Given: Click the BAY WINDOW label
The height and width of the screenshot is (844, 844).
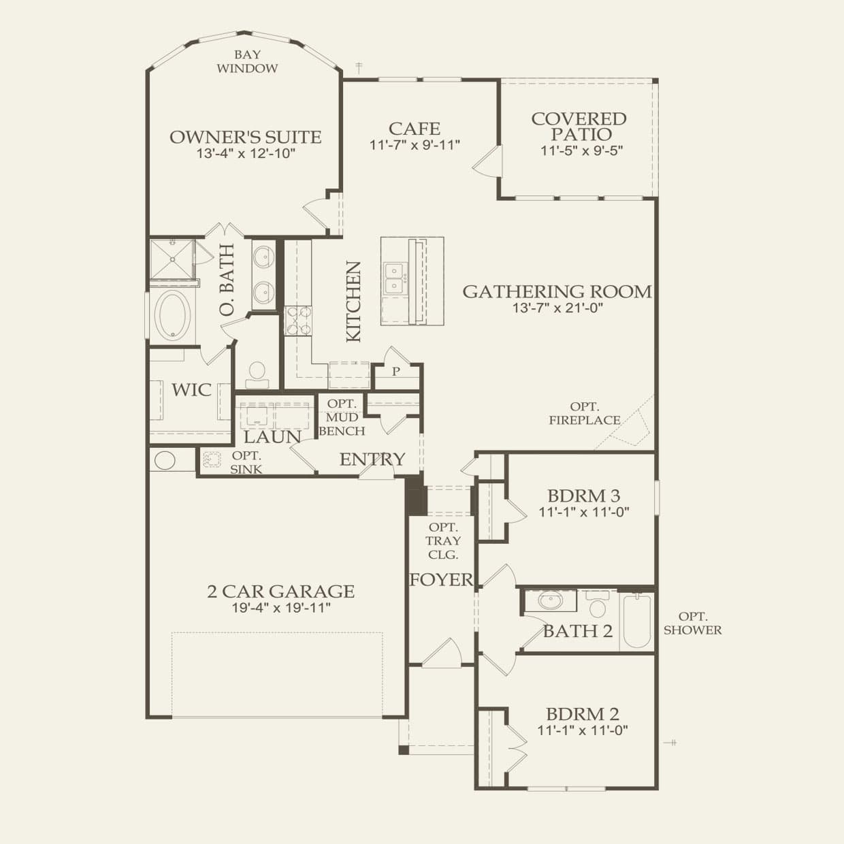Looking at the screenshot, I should tap(247, 61).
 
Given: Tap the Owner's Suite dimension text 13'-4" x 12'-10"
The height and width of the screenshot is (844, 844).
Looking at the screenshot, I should tap(246, 153).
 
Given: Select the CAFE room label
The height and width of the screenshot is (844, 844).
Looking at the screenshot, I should tap(415, 128).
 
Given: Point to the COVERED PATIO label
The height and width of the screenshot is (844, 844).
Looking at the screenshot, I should tap(579, 127).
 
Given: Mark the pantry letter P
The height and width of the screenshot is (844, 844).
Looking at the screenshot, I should tap(395, 372).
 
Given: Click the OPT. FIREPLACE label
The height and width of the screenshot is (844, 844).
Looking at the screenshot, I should tap(585, 413).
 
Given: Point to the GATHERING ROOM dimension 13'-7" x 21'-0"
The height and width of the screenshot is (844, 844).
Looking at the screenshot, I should tap(557, 308).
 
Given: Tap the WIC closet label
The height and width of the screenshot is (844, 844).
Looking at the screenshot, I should tap(191, 390).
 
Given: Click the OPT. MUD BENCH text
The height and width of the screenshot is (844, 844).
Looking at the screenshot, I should tap(342, 417).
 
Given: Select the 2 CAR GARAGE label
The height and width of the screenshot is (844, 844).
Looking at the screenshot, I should tap(280, 591).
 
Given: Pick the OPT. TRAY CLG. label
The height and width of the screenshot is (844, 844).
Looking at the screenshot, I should tap(444, 540).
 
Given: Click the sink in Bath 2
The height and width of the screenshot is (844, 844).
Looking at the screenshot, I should tap(549, 601).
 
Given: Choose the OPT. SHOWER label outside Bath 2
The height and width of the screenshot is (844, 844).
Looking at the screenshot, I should tap(692, 623).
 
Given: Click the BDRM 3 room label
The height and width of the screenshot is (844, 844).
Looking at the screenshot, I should tap(583, 496).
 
